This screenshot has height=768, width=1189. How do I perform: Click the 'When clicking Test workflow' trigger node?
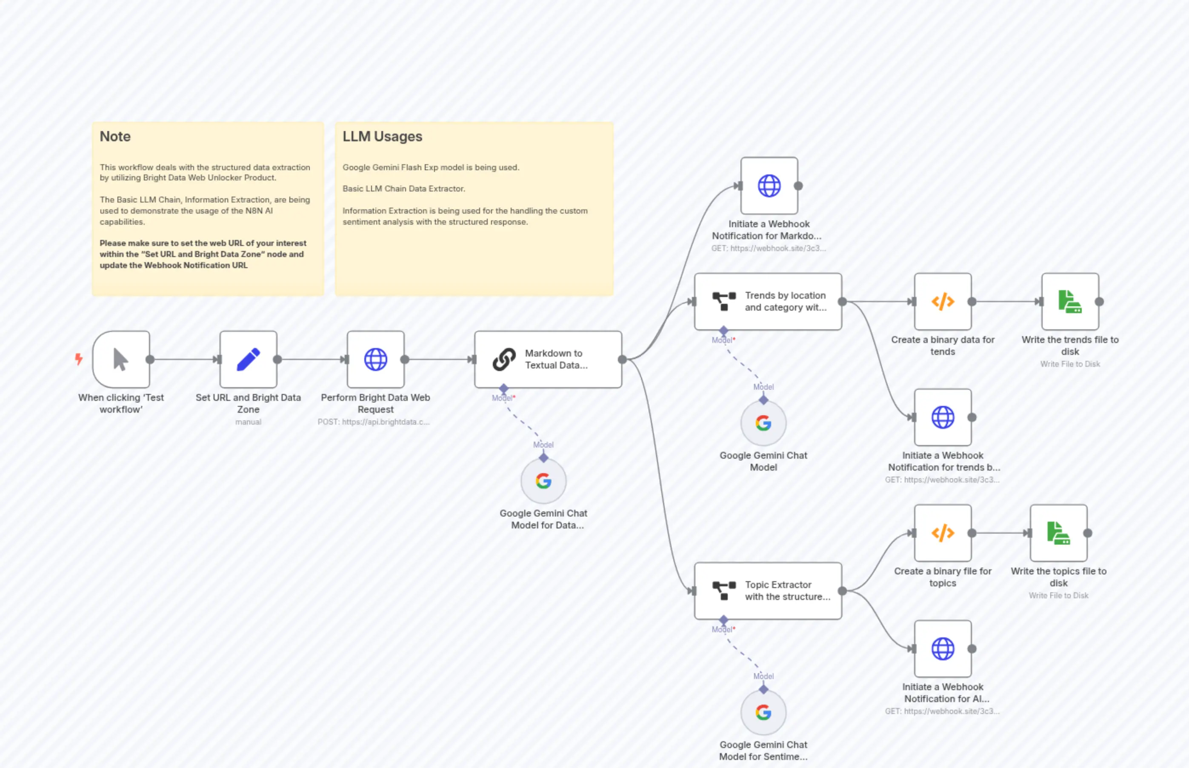(121, 359)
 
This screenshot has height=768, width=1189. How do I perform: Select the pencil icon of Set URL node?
(248, 359)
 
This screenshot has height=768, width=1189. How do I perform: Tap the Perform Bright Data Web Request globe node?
(376, 359)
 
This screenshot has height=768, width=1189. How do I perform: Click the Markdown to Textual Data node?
(548, 359)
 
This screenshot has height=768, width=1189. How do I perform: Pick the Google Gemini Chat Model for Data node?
(543, 481)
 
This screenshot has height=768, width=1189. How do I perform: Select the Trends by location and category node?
(768, 301)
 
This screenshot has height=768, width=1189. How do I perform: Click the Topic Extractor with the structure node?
(768, 591)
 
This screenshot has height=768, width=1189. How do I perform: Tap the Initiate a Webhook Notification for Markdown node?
(769, 186)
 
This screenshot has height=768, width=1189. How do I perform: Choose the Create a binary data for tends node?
(943, 301)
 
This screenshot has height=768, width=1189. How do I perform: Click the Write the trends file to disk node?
(1070, 301)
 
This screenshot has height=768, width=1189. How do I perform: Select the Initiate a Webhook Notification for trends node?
(943, 417)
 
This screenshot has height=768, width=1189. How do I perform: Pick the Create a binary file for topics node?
(943, 533)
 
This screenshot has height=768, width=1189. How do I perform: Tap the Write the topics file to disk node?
(1058, 533)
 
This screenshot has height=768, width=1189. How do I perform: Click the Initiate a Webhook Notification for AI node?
(943, 648)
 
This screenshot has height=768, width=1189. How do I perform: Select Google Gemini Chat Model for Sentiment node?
(763, 712)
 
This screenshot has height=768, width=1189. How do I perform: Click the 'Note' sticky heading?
(115, 136)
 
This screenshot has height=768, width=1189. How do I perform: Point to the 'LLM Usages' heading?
(382, 136)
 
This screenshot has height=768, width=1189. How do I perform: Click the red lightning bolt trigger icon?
(78, 359)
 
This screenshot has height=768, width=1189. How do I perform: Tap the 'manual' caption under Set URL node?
(248, 422)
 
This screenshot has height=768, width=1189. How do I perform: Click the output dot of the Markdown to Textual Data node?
(622, 359)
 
